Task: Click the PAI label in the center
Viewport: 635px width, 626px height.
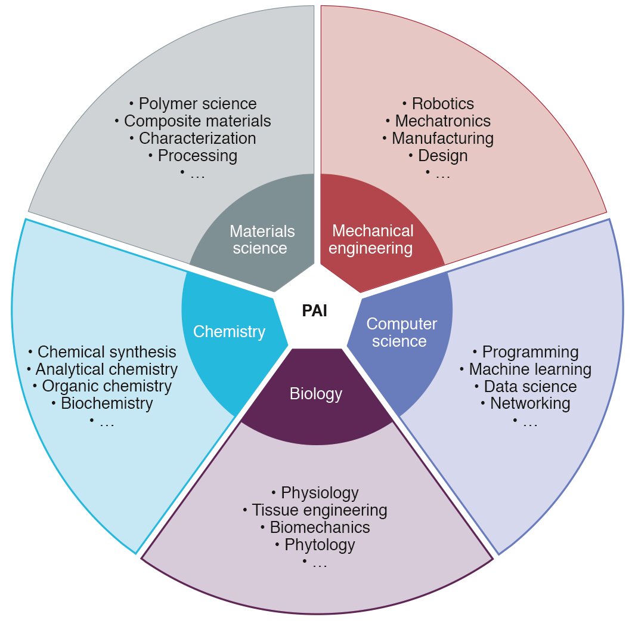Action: click(314, 311)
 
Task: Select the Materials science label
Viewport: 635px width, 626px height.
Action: click(262, 239)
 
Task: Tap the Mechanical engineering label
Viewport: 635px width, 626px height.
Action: click(371, 239)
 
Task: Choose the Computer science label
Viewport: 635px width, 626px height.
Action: click(401, 332)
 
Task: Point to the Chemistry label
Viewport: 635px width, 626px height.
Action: click(229, 332)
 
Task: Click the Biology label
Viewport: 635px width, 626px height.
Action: click(315, 394)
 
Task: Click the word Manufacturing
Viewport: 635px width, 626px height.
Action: click(442, 138)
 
